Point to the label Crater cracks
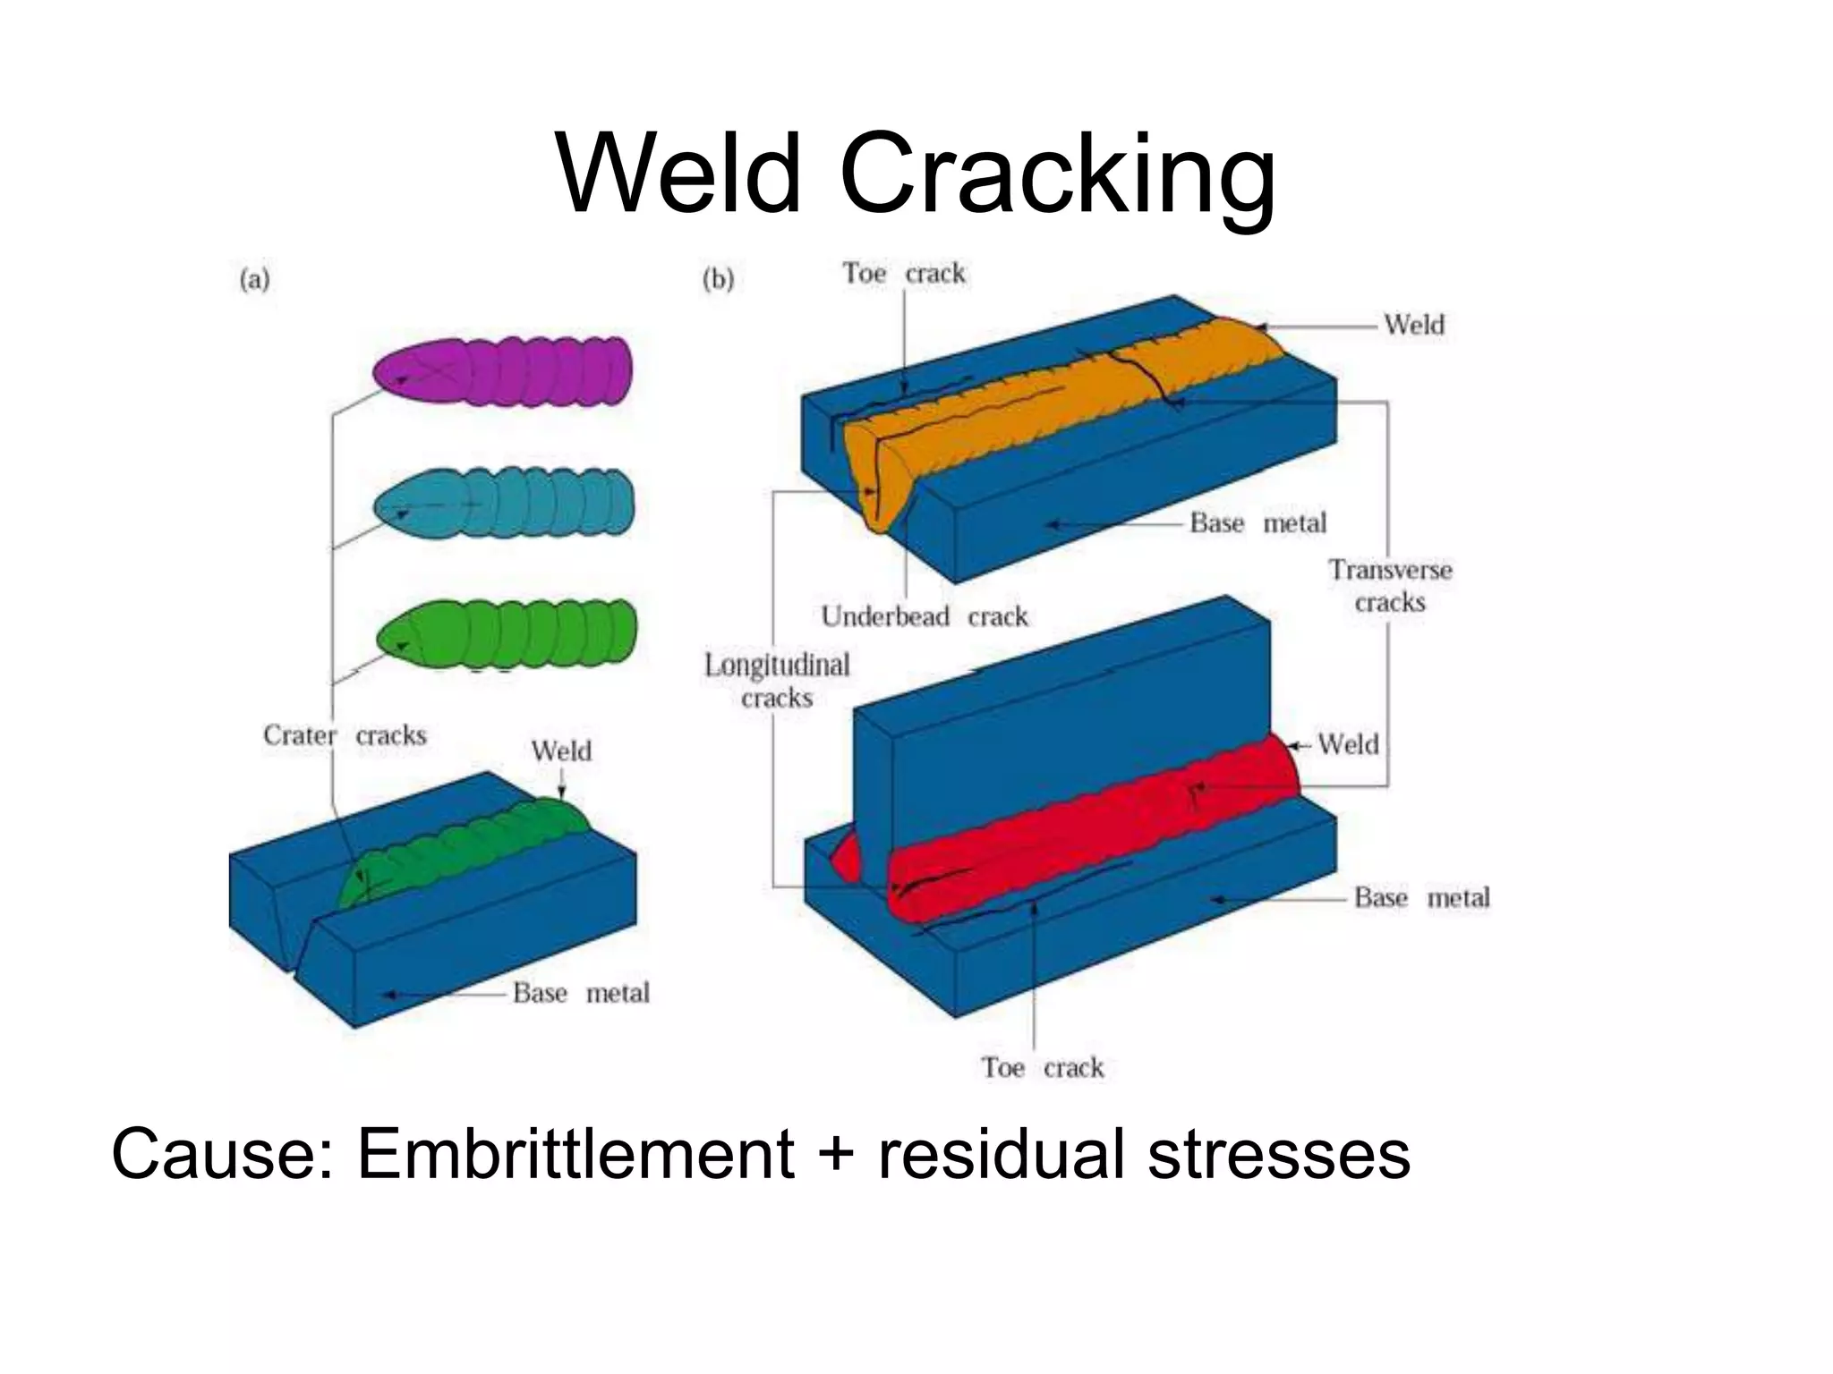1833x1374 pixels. pos(345,735)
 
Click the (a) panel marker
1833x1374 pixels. pos(255,280)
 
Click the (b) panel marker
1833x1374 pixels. pos(718,280)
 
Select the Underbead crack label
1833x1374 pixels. pos(925,616)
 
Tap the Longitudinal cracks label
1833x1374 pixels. pos(777,681)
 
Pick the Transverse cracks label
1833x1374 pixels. pos(1389,586)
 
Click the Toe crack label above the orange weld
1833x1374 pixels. pos(904,273)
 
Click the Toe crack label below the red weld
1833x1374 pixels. pos(1043,1067)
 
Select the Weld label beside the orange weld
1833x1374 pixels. pos(1414,325)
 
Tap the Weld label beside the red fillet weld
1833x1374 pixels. pos(1348,744)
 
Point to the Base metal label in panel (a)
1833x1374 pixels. pos(581,993)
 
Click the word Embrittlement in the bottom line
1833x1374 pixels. pos(575,1155)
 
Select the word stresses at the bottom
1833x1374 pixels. pos(1279,1155)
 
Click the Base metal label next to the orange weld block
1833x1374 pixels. pos(1258,523)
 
